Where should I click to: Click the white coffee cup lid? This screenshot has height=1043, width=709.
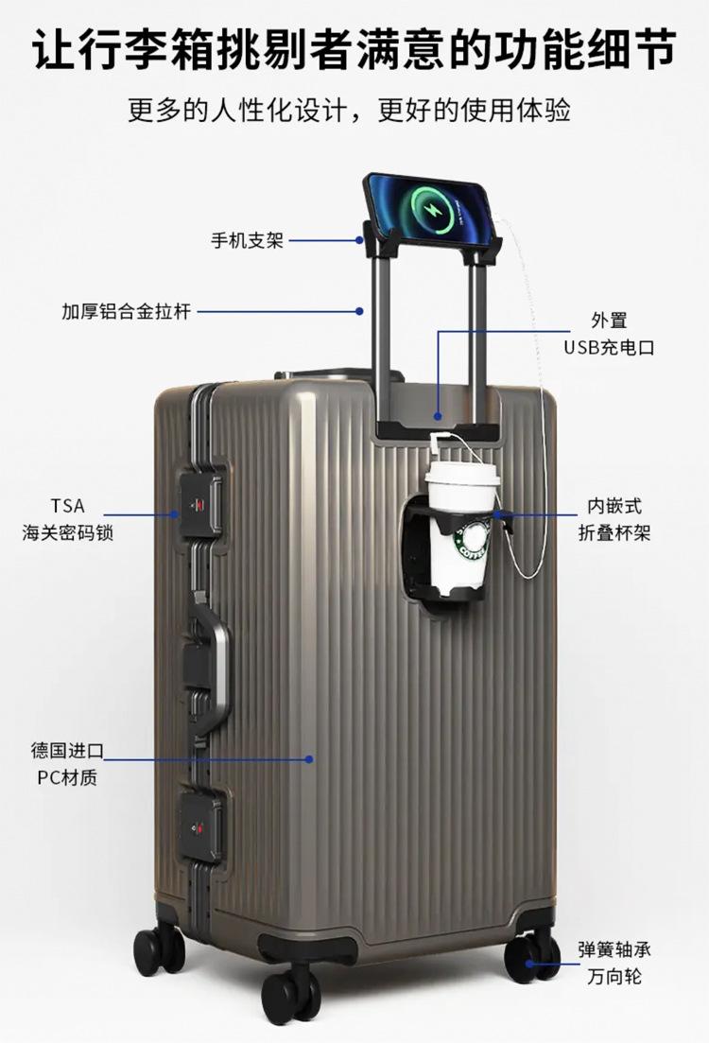tap(462, 472)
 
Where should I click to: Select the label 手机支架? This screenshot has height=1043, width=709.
tap(247, 241)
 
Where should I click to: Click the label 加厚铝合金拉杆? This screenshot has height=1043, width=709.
tap(127, 311)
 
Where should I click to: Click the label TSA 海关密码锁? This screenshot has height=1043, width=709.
tap(68, 519)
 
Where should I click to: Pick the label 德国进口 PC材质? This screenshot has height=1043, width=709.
tap(67, 764)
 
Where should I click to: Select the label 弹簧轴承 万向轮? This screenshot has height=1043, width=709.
tap(614, 963)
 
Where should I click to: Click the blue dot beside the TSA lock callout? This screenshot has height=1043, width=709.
tap(176, 514)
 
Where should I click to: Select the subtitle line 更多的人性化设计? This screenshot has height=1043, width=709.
tap(350, 112)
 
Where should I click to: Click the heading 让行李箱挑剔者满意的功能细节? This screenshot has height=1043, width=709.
tap(354, 47)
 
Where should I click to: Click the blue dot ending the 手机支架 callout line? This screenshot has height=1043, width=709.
tap(359, 240)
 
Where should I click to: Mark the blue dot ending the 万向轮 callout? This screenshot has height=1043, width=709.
tap(529, 964)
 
